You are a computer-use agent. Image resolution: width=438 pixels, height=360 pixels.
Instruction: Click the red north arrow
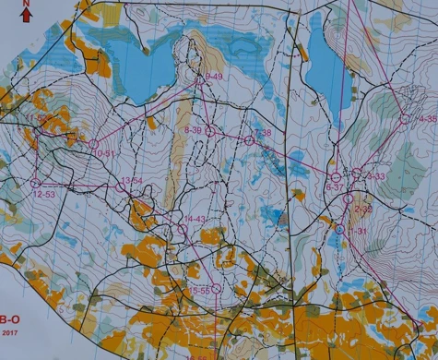click(x=26, y=14)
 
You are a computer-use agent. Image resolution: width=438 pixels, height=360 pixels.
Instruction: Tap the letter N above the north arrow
click(x=26, y=3)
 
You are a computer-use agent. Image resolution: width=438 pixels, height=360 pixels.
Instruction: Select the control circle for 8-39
click(x=210, y=131)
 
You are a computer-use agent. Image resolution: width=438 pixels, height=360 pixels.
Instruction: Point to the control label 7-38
click(x=262, y=133)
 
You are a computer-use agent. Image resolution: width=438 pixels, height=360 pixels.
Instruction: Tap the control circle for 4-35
click(x=404, y=117)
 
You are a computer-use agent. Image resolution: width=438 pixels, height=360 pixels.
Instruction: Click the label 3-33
click(x=375, y=175)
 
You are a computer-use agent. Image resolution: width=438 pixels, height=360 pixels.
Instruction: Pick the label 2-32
click(x=362, y=210)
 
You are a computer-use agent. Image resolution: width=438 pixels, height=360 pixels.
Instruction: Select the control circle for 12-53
click(x=36, y=183)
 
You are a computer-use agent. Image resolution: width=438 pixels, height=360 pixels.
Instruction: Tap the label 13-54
click(x=132, y=180)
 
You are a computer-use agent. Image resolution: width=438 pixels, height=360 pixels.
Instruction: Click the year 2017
click(x=8, y=332)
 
